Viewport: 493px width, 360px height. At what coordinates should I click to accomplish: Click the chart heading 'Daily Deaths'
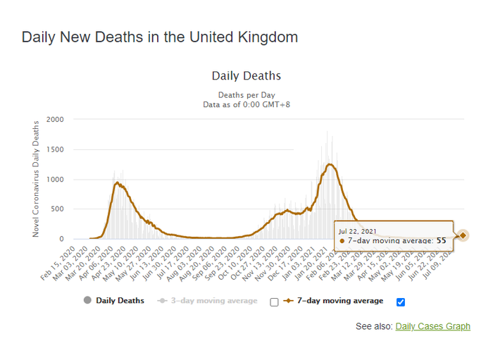(x=246, y=76)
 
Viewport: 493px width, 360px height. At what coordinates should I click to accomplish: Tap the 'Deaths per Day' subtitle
(x=246, y=95)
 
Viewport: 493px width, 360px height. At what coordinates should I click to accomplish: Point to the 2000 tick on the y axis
(x=54, y=120)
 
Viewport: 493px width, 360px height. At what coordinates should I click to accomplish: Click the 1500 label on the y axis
(x=54, y=149)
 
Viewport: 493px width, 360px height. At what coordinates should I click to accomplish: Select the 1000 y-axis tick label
(x=54, y=180)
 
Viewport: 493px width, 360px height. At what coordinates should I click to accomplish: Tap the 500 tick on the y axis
(x=57, y=209)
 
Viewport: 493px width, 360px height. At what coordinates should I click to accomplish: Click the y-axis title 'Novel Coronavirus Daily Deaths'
(x=36, y=178)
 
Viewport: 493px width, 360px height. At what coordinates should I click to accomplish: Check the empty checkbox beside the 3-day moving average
(x=274, y=302)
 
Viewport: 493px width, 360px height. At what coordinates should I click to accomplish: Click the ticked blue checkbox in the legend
(x=401, y=302)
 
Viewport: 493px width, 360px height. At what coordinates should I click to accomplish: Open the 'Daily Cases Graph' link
(x=432, y=326)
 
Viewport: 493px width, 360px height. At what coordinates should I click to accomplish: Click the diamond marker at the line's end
(x=463, y=235)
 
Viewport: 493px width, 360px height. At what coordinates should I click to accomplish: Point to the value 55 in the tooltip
(x=442, y=241)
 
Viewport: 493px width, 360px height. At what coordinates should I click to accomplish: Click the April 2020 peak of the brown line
(x=117, y=183)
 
